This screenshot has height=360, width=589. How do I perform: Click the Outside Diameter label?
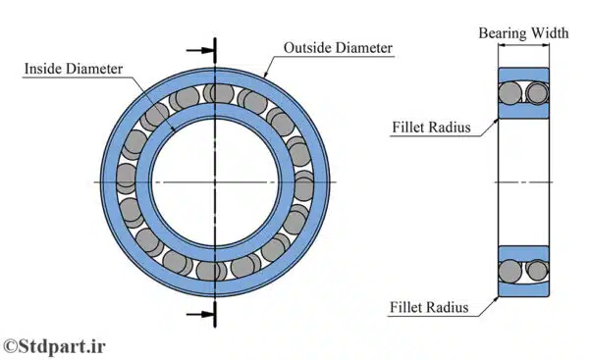[x=338, y=47]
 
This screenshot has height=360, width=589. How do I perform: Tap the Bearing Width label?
[x=522, y=32]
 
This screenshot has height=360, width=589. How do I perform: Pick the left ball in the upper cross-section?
[x=511, y=93]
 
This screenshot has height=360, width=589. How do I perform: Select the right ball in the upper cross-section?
[x=535, y=93]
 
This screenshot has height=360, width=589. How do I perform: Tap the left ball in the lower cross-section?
[x=511, y=268]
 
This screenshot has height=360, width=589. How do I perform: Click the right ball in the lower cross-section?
[x=535, y=268]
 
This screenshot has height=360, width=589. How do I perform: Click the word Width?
[x=549, y=32]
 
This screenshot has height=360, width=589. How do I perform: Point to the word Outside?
[x=306, y=47]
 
